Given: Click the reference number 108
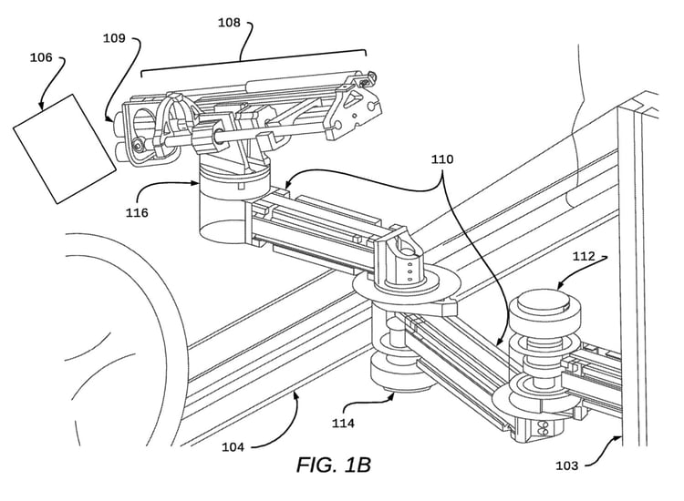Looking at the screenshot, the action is (x=229, y=23).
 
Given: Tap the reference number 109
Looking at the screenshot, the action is (x=114, y=38).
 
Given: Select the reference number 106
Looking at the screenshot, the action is (x=41, y=57).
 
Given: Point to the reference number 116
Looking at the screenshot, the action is (x=137, y=213).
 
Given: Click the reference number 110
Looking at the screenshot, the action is (x=442, y=159).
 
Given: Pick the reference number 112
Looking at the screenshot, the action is (x=584, y=256).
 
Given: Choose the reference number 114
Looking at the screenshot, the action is (x=343, y=423).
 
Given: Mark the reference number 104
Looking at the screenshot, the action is (x=233, y=447).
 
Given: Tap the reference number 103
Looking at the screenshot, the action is (x=566, y=465).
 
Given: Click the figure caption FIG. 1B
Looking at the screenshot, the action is (x=334, y=465).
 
